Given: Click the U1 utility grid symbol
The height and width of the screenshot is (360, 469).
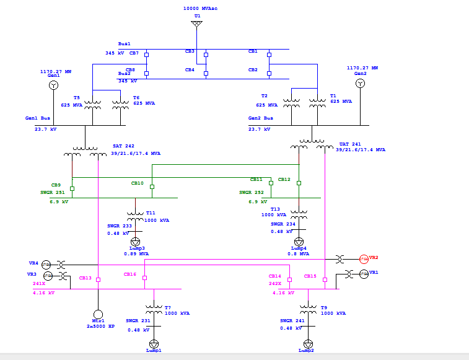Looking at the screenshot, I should tap(196, 24).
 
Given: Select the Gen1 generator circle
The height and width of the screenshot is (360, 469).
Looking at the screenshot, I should tap(53, 85).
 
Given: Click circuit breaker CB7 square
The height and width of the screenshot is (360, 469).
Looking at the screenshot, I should tap(146, 55).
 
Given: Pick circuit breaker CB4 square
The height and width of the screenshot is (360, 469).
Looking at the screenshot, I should tap(206, 74).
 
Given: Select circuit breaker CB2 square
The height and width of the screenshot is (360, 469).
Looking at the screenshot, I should tap(270, 74).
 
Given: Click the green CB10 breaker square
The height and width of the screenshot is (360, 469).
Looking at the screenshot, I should tap(152, 187).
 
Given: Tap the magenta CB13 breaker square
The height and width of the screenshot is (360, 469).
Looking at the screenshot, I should tap(98, 280).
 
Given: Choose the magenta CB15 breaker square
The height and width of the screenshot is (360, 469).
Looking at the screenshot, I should tap(324, 280).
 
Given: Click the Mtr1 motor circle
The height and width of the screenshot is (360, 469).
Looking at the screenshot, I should tap(97, 314).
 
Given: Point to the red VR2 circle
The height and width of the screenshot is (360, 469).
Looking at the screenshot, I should tap(364, 258).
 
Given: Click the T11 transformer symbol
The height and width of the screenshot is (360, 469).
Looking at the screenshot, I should tap(135, 216).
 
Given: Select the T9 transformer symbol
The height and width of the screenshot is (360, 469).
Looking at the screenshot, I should tap(308, 309).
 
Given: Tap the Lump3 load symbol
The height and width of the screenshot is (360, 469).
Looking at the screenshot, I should tap(135, 240).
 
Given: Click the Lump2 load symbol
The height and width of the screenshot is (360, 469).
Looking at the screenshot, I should tap(308, 343).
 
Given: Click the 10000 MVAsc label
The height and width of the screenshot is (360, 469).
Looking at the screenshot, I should tap(200, 9).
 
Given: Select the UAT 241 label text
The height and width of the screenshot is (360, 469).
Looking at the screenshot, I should tap(349, 144).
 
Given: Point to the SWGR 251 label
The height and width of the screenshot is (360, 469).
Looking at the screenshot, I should tap(53, 193).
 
